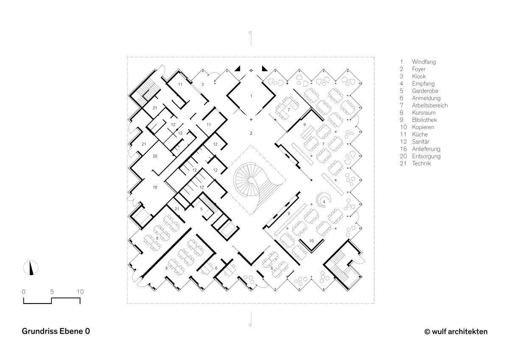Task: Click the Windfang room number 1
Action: (251, 96)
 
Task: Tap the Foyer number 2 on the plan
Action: (251, 133)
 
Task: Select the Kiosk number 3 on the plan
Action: (203, 84)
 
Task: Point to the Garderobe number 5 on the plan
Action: (201, 209)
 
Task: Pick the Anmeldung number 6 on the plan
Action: (216, 268)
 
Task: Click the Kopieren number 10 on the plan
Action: (311, 241)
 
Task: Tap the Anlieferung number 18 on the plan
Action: (155, 187)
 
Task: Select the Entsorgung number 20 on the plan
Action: (155, 156)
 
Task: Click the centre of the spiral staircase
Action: (251, 180)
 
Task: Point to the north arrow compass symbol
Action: (31, 268)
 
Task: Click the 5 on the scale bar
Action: (52, 292)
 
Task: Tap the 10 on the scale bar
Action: (80, 292)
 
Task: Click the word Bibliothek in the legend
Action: (425, 120)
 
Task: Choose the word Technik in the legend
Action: (422, 163)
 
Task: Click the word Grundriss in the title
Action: (39, 331)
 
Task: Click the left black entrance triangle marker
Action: (238, 68)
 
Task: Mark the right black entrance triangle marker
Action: (265, 68)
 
